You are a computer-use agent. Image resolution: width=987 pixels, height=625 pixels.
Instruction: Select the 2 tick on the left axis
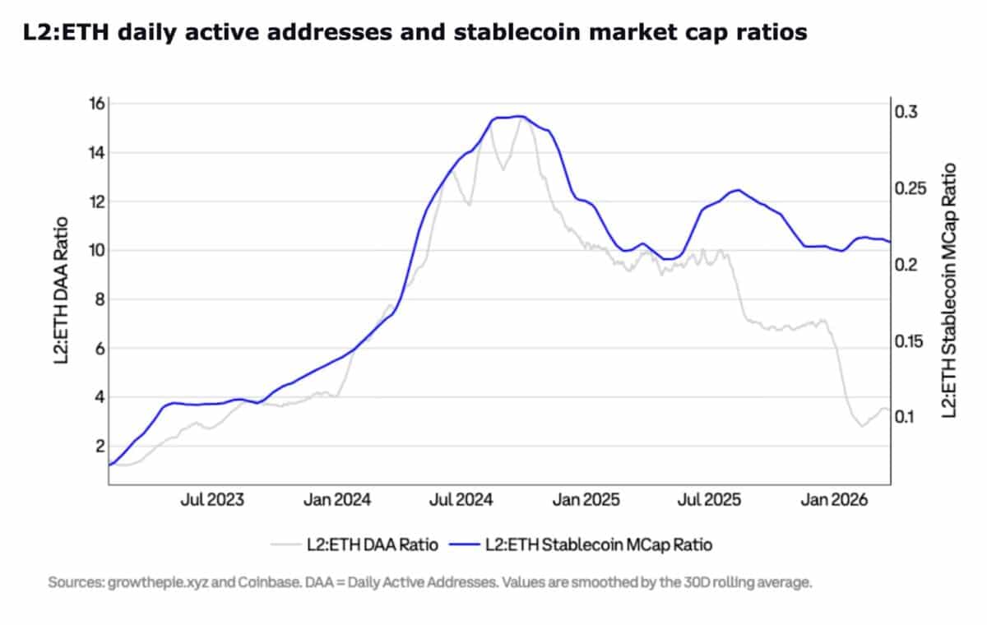[100, 446]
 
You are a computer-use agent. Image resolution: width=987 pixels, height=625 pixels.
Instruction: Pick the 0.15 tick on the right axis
[911, 340]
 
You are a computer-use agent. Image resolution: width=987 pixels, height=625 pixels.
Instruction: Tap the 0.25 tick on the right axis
[911, 188]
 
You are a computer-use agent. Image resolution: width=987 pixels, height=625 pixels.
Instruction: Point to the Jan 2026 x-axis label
[832, 499]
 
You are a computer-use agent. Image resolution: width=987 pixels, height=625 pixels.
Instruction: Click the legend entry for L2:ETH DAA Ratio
[355, 544]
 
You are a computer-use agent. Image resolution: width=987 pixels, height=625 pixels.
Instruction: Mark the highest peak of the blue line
[518, 116]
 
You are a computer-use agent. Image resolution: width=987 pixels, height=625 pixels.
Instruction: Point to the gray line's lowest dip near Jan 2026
[861, 425]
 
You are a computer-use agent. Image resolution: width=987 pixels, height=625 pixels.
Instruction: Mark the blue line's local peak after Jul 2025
[738, 190]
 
